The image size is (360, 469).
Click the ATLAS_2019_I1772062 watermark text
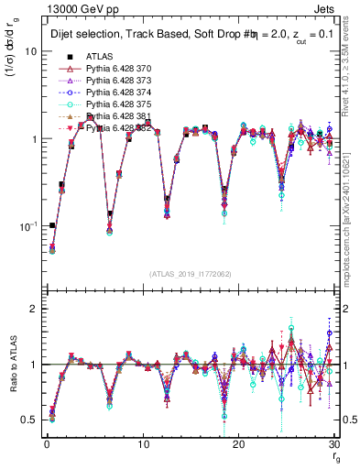tap(191, 274)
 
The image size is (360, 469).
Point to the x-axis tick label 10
tap(142, 444)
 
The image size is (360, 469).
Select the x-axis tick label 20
tap(238, 444)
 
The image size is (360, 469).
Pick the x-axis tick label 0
tap(46, 444)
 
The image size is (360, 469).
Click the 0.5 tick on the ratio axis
tap(32, 420)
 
